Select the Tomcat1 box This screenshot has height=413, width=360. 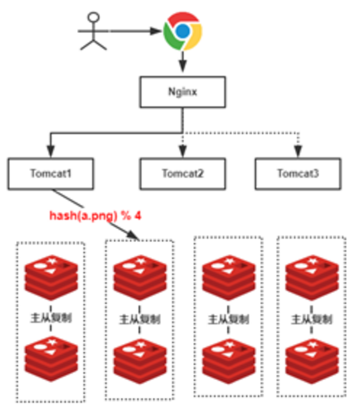51,173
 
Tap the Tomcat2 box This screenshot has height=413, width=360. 182,173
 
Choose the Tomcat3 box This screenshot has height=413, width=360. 294,173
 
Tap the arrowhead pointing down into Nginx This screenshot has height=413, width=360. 182,67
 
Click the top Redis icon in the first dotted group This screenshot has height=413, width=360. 51,277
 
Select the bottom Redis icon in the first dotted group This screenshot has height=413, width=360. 51,359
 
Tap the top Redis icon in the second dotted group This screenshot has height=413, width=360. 139,277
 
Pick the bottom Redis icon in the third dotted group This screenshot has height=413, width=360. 228,359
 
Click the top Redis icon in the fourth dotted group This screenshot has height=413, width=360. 311,277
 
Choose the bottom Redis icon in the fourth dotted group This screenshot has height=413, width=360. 311,359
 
